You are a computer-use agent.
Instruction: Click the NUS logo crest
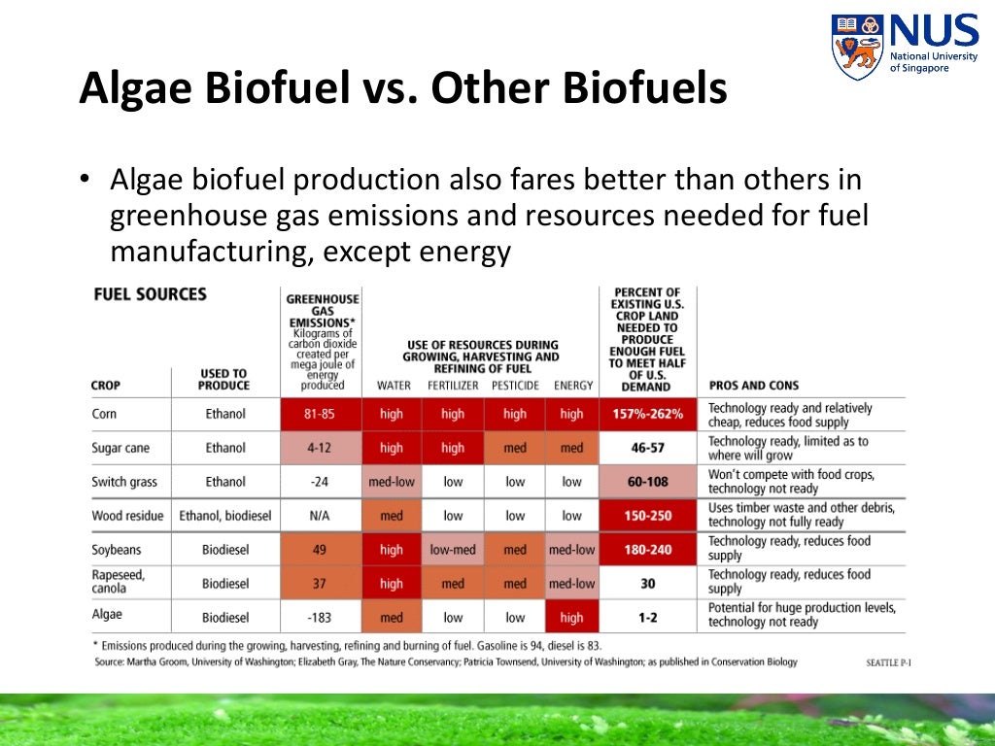[857, 47]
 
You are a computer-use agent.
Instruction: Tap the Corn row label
[104, 414]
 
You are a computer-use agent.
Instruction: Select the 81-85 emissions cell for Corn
[319, 414]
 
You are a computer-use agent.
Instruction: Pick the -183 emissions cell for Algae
[319, 617]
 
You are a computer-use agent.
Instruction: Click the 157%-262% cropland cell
[647, 414]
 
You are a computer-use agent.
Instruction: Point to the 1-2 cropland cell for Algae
[647, 617]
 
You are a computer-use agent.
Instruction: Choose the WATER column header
[394, 386]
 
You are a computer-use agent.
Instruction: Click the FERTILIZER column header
[452, 386]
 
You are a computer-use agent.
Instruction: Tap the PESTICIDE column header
[515, 386]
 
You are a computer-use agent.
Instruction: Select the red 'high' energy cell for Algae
[571, 617]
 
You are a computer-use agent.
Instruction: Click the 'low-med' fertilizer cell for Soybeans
[453, 550]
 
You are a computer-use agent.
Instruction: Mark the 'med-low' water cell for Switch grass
[392, 482]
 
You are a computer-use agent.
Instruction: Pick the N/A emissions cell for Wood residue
[319, 516]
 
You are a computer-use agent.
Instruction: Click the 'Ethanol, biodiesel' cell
[225, 516]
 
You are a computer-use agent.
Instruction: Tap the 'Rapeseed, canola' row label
[119, 582]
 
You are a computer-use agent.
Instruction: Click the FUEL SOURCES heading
[149, 294]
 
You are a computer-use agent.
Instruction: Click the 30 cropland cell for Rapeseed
[647, 584]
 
